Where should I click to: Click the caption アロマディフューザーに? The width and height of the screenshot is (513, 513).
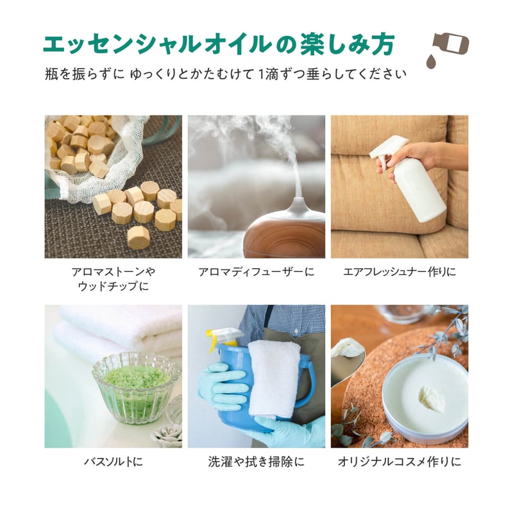coord(256,273)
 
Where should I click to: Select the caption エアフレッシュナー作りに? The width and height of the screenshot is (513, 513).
coord(399,273)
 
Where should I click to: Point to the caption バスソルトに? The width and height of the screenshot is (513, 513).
coord(113,461)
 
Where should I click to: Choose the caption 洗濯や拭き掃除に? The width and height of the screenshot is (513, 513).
coord(256,461)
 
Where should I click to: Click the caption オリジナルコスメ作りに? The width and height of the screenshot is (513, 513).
coord(399,461)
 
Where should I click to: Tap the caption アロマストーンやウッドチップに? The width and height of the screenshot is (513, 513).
coord(113,278)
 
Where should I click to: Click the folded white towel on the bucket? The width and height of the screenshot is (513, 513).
coord(274,378)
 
